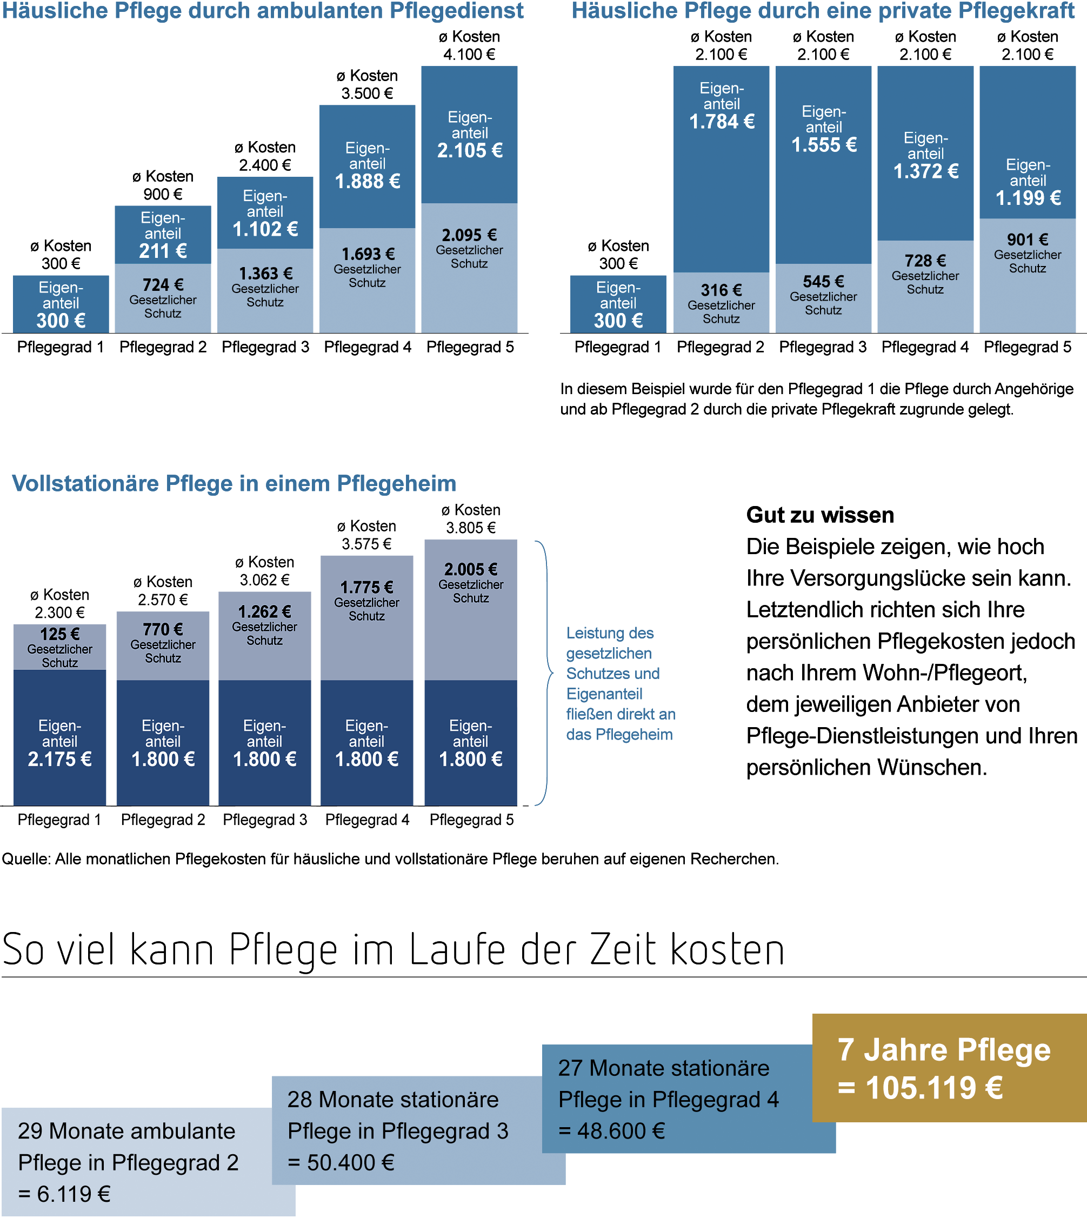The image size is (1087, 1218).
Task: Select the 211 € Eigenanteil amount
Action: (x=163, y=251)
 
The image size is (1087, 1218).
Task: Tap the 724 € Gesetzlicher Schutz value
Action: (x=163, y=285)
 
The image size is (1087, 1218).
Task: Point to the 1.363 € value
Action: (x=265, y=274)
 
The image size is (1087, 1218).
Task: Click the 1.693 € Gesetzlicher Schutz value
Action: (x=368, y=255)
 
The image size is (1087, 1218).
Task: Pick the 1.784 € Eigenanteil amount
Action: (x=722, y=122)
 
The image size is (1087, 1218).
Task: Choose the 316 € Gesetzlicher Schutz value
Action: (x=722, y=290)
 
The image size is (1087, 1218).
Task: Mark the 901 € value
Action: (x=1028, y=239)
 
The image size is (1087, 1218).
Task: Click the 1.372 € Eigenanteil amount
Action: (x=926, y=171)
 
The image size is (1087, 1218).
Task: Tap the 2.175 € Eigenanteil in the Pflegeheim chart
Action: (x=59, y=759)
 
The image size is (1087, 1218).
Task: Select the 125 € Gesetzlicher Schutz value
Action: (x=59, y=634)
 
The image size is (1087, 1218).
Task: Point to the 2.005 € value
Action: (x=471, y=569)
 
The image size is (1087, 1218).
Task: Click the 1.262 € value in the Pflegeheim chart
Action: (x=264, y=611)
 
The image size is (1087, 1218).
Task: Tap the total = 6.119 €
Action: (x=64, y=1194)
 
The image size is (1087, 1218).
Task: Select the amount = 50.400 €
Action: (x=341, y=1162)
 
